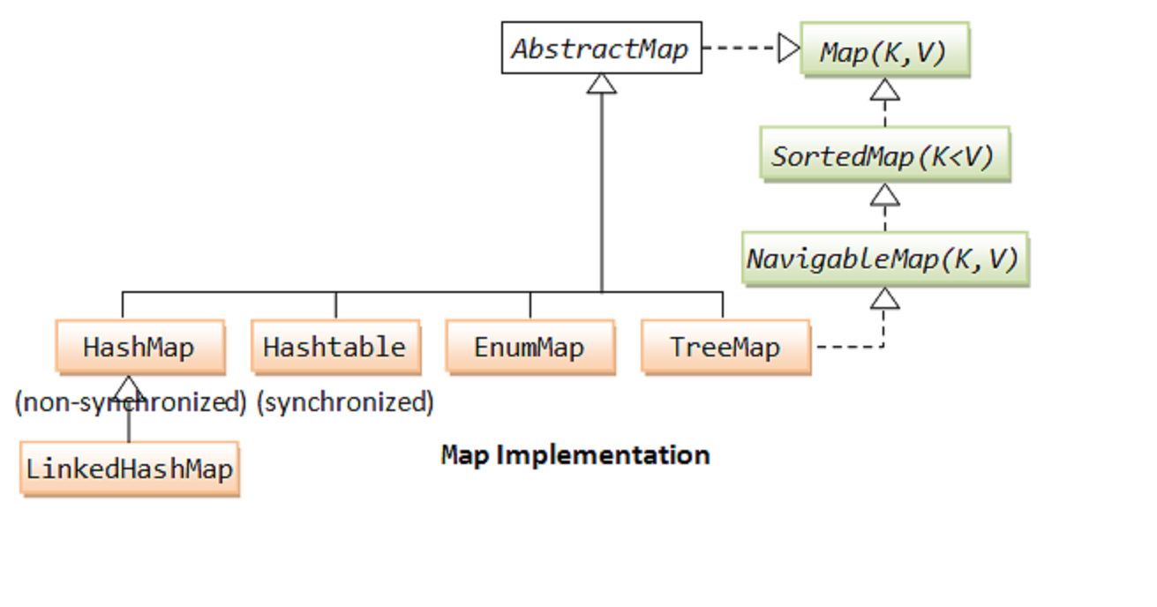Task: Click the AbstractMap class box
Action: tap(601, 48)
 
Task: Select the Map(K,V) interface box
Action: tap(883, 52)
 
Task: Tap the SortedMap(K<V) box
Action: tap(883, 156)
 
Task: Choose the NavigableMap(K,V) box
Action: tap(883, 259)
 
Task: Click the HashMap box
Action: tap(139, 347)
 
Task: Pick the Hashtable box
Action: tap(334, 347)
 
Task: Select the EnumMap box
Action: tap(530, 347)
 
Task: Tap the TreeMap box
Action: tap(725, 347)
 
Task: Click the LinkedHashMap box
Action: tap(129, 468)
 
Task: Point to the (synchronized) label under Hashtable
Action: tap(345, 402)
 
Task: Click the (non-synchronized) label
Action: tap(130, 402)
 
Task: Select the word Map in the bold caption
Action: tap(463, 455)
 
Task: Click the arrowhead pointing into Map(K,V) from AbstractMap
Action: tap(788, 48)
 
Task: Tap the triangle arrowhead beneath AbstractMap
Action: tap(601, 84)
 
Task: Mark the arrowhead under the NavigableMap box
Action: tap(884, 299)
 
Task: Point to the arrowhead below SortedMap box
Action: tap(884, 195)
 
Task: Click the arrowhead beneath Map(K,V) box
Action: tap(884, 90)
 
